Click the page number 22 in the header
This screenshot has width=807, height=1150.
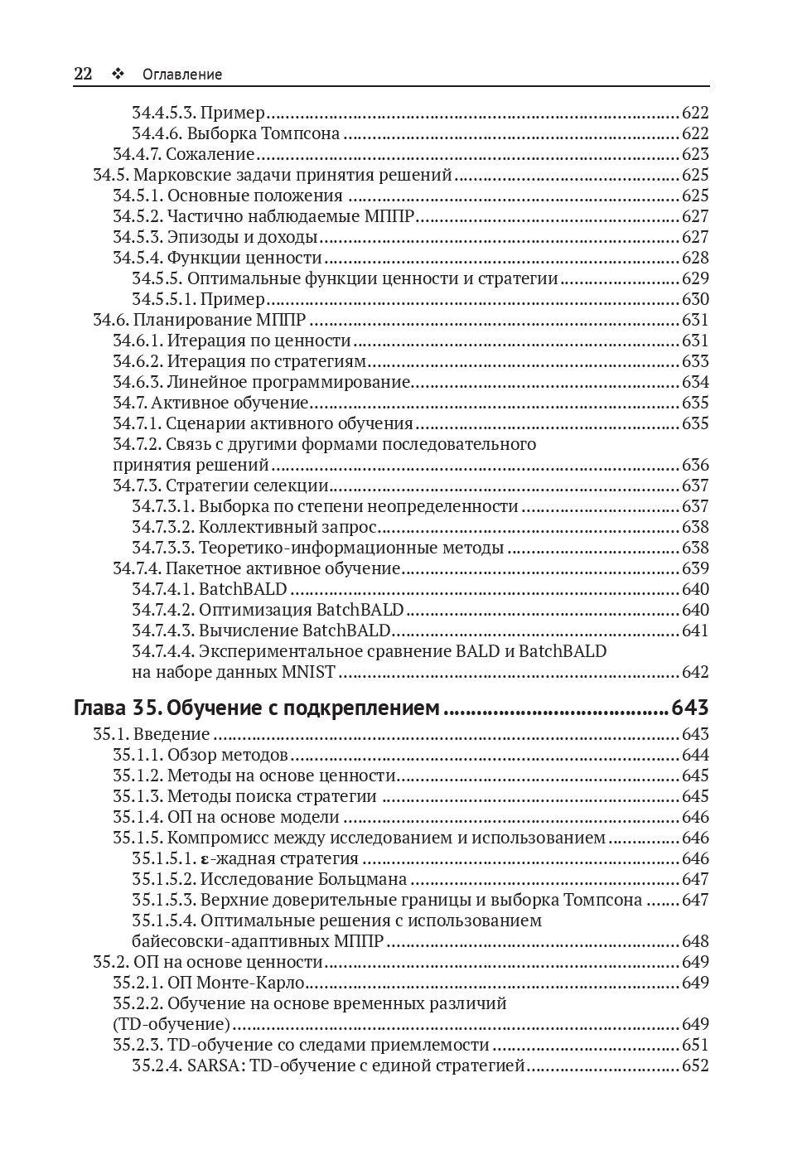(83, 74)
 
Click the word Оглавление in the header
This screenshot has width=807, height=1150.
(182, 75)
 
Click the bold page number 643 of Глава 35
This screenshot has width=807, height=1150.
(690, 708)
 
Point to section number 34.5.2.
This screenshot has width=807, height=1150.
(138, 216)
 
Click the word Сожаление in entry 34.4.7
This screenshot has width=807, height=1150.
(210, 154)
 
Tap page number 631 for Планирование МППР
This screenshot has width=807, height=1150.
(695, 320)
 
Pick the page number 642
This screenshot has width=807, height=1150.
(695, 672)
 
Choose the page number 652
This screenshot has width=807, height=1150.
(695, 1065)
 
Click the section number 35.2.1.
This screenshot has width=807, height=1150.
(138, 983)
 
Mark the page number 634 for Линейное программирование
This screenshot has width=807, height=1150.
(695, 382)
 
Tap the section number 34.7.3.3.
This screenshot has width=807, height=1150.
(163, 548)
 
